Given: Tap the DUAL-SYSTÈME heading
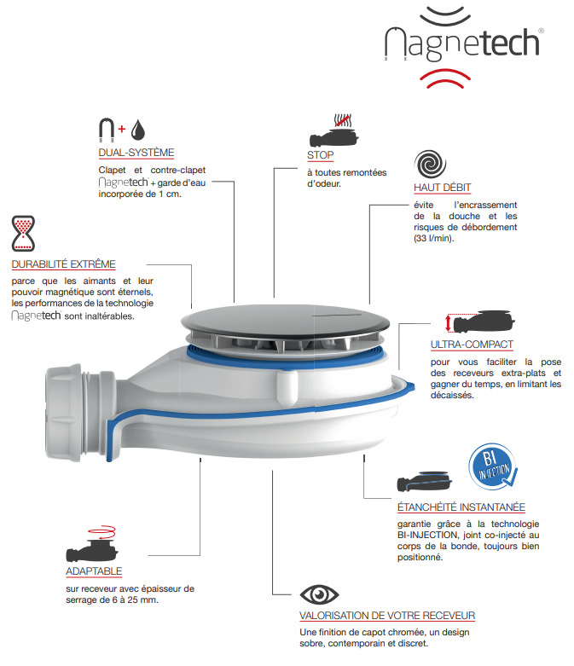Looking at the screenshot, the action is click(x=136, y=153).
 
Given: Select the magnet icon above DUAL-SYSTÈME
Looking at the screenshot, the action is click(x=107, y=130).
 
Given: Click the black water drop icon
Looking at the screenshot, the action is click(x=137, y=130).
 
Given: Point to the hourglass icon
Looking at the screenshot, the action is click(x=23, y=233).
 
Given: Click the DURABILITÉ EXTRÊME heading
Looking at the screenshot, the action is click(x=64, y=264).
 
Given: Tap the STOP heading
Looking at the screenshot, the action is click(x=321, y=155).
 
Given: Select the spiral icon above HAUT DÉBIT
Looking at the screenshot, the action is click(x=430, y=164).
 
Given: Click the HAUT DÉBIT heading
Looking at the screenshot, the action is click(x=443, y=188).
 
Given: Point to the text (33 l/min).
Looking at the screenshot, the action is click(x=434, y=238).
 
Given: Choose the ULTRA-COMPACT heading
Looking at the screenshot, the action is click(x=472, y=345).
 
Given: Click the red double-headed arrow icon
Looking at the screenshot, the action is click(x=448, y=323).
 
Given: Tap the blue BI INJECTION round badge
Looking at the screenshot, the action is click(x=493, y=466).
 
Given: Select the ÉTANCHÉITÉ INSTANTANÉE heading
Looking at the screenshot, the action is click(x=461, y=507).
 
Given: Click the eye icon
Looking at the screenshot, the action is click(x=319, y=594).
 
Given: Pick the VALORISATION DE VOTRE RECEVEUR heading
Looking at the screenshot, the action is click(x=387, y=616).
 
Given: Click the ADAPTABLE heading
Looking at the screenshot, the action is click(x=94, y=571).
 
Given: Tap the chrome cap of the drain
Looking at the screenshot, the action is click(x=286, y=321).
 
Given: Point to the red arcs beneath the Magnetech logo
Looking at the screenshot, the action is click(x=445, y=78).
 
